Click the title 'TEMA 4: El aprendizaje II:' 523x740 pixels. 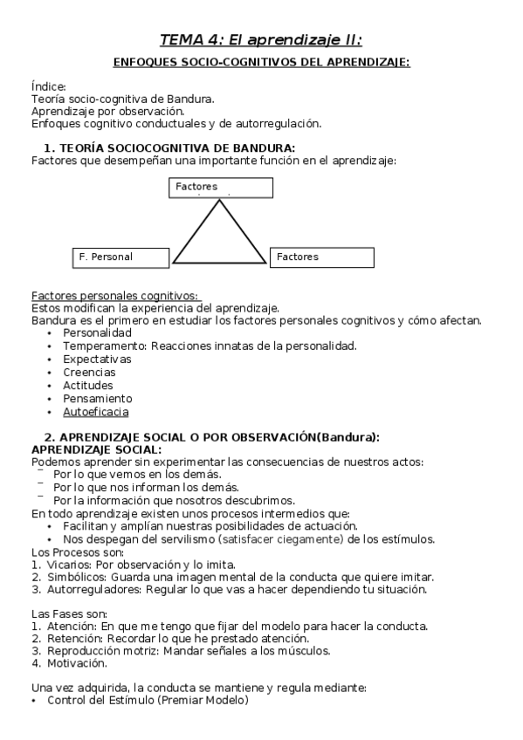260,39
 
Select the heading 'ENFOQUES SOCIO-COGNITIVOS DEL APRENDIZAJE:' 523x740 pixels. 262,62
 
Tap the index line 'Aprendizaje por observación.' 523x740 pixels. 107,111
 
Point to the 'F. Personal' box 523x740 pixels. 121,257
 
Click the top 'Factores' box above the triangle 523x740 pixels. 221,188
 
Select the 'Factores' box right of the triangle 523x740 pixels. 321,257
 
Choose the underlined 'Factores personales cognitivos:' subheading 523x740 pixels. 115,295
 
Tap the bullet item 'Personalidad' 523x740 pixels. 97,333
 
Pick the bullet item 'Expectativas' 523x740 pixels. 97,359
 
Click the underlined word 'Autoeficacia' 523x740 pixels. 96,411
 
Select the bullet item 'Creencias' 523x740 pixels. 89,372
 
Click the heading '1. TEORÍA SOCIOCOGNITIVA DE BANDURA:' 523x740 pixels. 169,147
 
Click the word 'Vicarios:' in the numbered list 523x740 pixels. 70,565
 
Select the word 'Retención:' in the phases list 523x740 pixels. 73,638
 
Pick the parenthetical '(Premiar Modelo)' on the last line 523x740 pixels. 208,701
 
